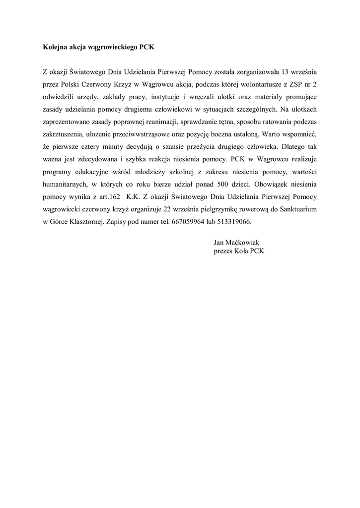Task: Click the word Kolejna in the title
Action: pyautogui.click(x=55, y=48)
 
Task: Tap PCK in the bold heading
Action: pyautogui.click(x=147, y=48)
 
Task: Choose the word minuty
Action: pyautogui.click(x=136, y=146)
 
